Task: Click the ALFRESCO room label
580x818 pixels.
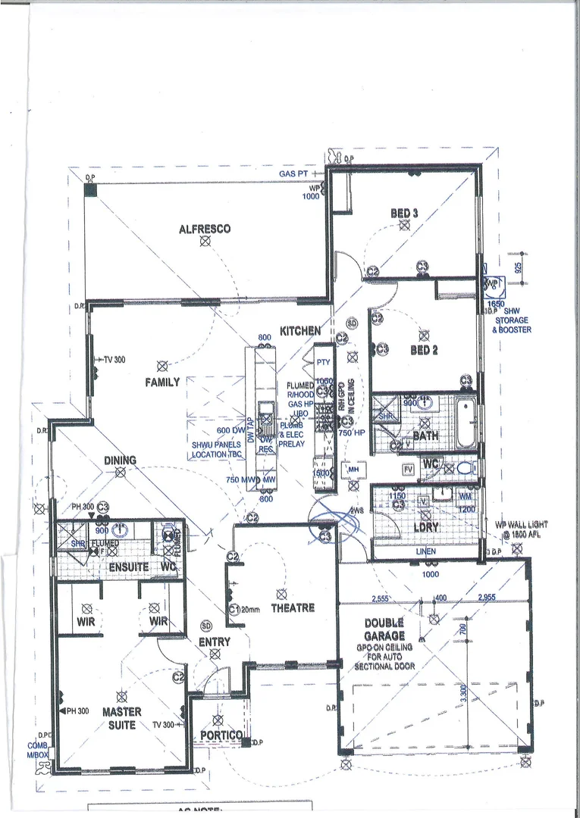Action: [205, 229]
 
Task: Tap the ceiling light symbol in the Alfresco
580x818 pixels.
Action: [205, 242]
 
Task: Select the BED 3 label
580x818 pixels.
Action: [404, 214]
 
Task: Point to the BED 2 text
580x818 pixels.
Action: [424, 350]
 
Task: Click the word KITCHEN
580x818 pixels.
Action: [300, 332]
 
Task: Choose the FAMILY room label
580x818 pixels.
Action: [162, 382]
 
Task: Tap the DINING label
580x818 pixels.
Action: [121, 460]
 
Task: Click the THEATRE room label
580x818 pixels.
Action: [293, 607]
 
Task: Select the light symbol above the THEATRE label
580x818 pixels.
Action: [282, 595]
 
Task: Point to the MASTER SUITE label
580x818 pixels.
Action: [120, 719]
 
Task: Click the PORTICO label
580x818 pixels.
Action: [221, 735]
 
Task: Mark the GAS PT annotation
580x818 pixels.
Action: [293, 173]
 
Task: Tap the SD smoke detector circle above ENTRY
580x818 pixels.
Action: [206, 626]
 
